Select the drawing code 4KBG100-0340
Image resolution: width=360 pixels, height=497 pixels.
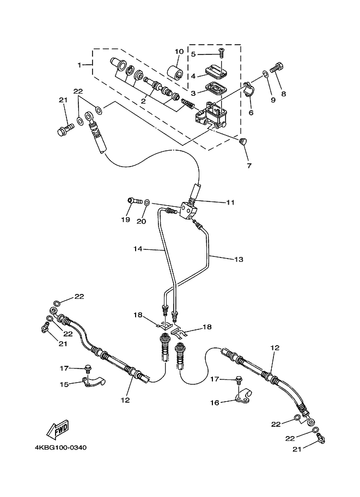tap(60, 448)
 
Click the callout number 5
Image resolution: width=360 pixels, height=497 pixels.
tap(193, 54)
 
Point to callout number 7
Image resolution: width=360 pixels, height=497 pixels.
tap(249, 164)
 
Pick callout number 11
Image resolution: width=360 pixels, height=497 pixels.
tap(230, 202)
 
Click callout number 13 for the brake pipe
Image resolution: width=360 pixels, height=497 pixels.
tap(239, 260)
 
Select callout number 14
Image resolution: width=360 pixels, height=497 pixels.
tap(138, 249)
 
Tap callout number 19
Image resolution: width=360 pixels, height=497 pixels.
tap(126, 220)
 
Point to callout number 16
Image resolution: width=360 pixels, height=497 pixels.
tap(215, 402)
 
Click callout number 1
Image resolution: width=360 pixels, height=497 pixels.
tap(80, 65)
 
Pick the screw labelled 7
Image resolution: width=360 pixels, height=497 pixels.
tap(243, 143)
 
